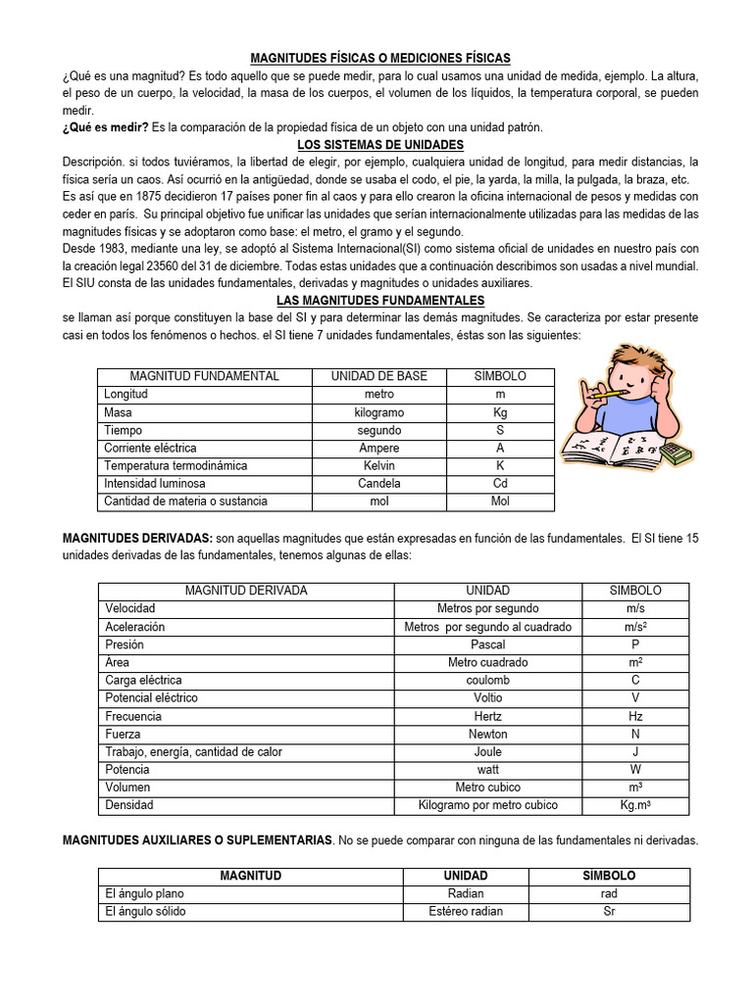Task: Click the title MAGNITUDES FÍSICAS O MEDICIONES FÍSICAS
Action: (x=380, y=59)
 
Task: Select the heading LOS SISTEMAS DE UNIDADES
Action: (x=380, y=145)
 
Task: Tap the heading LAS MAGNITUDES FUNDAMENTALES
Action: (x=380, y=301)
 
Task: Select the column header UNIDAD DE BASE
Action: (x=378, y=376)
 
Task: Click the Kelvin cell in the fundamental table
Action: (x=378, y=465)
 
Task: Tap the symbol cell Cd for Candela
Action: (x=500, y=483)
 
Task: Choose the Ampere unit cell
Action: (x=378, y=448)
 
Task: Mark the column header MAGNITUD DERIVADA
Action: (x=246, y=591)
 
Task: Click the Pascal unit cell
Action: (x=487, y=645)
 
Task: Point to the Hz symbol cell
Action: (x=635, y=716)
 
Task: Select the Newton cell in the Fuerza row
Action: (x=487, y=734)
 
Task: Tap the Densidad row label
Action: (x=129, y=805)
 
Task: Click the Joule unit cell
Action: (x=487, y=751)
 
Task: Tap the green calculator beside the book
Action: (x=676, y=453)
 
